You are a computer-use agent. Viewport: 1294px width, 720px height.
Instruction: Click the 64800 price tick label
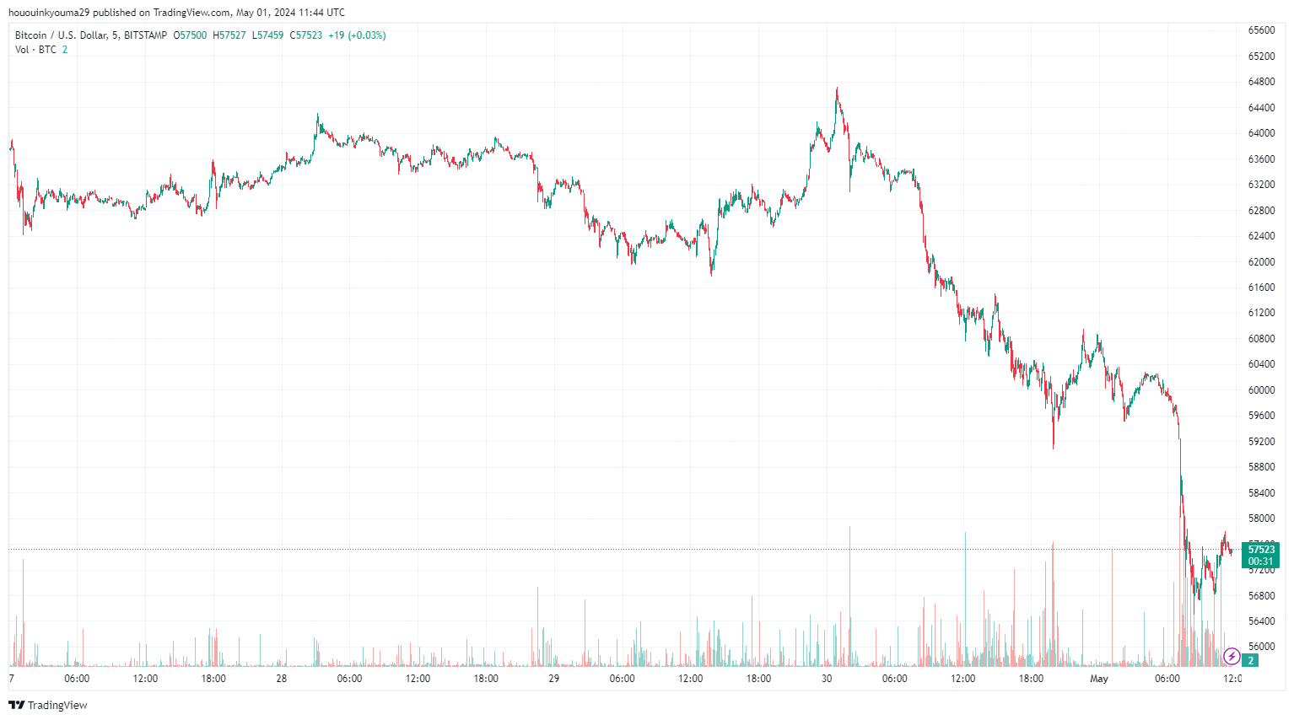[x=1261, y=82]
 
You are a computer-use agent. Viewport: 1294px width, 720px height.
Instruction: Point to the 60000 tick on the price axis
[x=1261, y=390]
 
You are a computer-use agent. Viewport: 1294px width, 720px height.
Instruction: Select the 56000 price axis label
[x=1261, y=647]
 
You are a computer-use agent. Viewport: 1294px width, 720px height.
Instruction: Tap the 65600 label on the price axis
[x=1261, y=30]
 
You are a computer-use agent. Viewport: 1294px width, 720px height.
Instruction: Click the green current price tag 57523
[x=1261, y=550]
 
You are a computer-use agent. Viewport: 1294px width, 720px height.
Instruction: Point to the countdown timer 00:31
[x=1261, y=561]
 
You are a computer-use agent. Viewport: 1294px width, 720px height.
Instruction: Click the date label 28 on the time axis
[x=282, y=679]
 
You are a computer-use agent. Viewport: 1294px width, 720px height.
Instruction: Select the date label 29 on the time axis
[x=554, y=679]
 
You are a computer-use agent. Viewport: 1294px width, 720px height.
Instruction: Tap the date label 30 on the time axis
[x=827, y=679]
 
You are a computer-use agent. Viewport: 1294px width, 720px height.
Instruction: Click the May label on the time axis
[x=1098, y=679]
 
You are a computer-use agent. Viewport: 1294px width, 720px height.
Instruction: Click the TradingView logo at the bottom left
[x=48, y=705]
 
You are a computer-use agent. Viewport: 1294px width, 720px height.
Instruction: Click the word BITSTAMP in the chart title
[x=145, y=35]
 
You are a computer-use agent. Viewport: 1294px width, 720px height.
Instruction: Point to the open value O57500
[x=190, y=35]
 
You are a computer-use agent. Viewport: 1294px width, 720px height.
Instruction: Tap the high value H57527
[x=229, y=35]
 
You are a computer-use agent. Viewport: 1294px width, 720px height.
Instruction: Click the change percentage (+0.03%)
[x=368, y=35]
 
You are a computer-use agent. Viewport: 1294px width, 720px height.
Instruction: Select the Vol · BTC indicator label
[x=35, y=50]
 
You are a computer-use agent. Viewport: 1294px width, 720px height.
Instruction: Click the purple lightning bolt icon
[x=1232, y=656]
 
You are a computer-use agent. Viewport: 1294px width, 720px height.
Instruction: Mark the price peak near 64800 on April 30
[x=837, y=89]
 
